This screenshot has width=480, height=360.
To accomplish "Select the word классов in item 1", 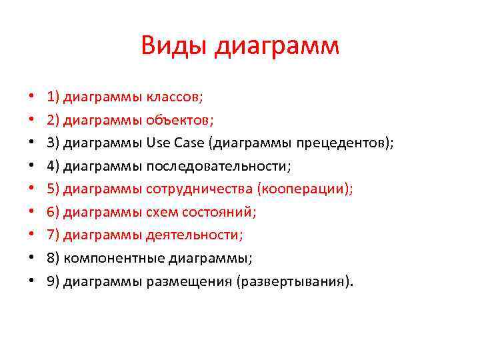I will click(x=175, y=97).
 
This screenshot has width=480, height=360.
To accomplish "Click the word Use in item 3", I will click(x=158, y=143).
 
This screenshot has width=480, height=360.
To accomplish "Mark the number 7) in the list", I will click(x=53, y=235).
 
